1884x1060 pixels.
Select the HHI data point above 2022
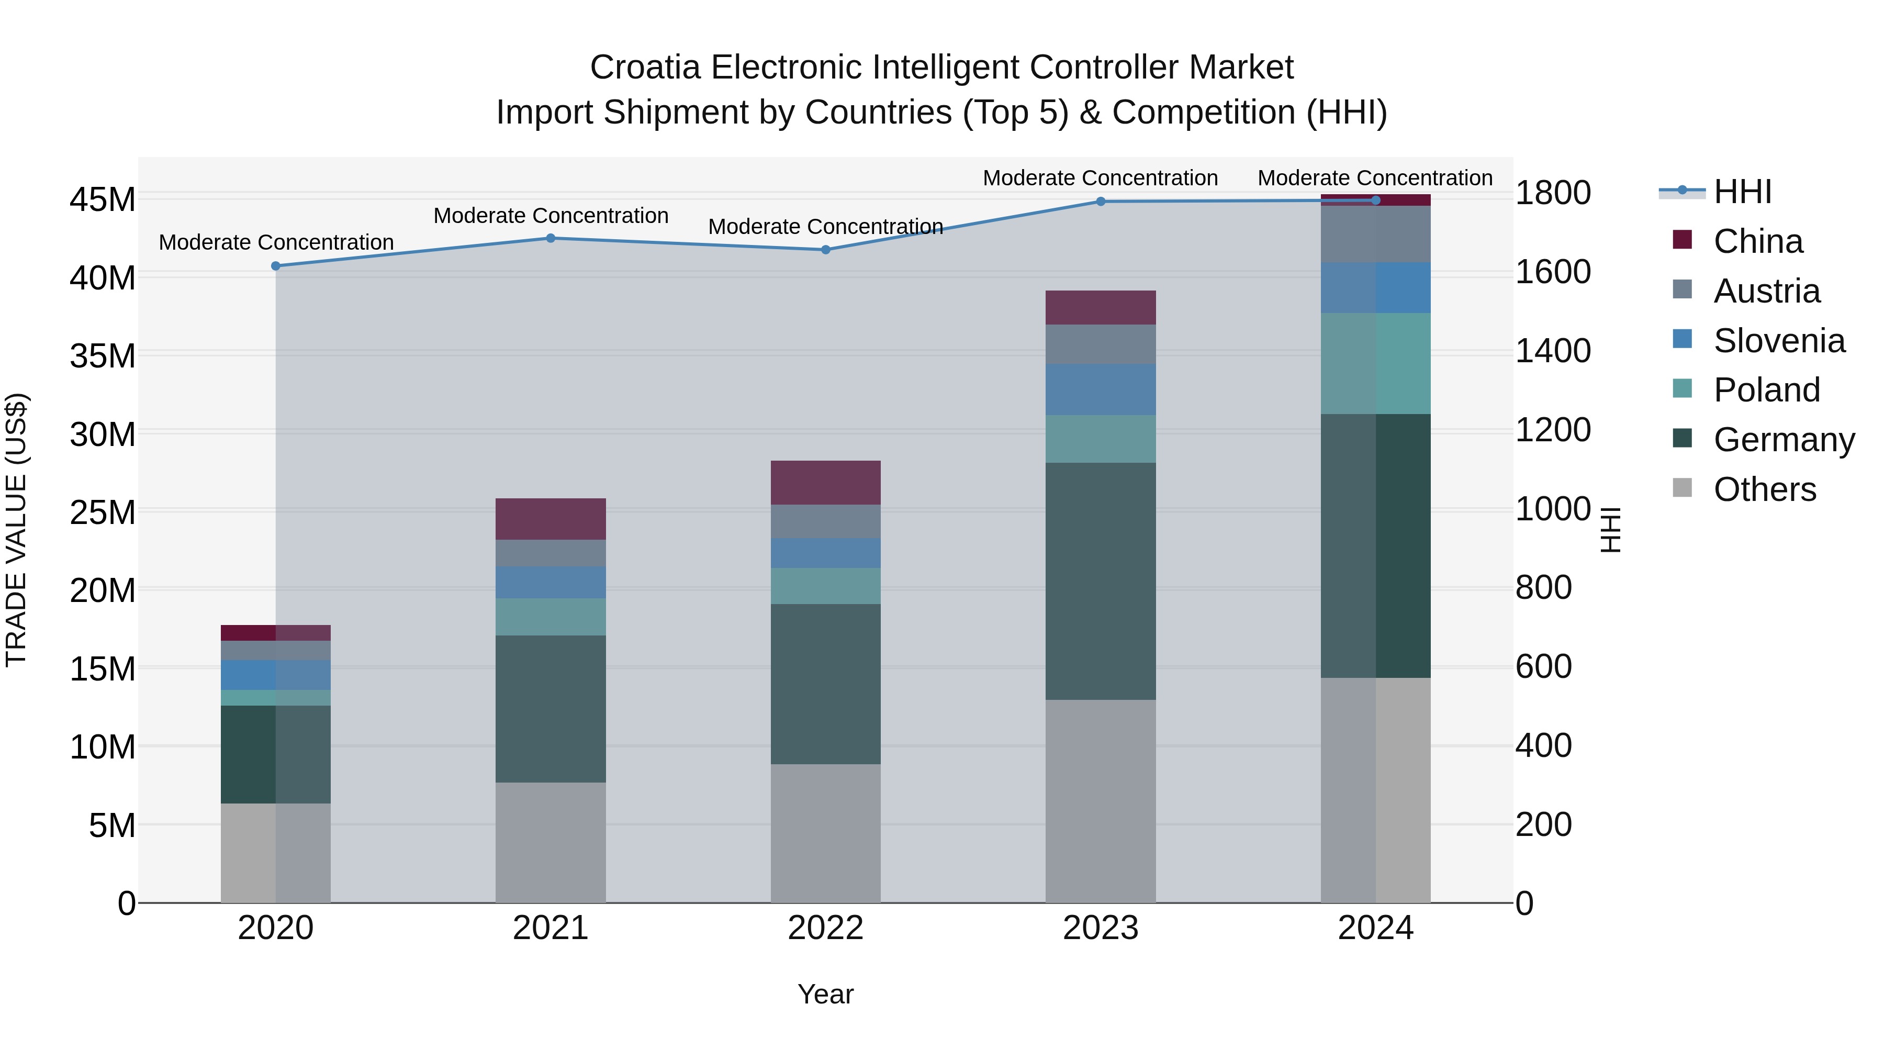pos(826,250)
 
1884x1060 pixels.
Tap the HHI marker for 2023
pos(1101,201)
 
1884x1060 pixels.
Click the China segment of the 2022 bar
pos(826,483)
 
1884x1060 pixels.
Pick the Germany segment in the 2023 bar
pos(1101,581)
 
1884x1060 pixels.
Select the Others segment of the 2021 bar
pos(551,842)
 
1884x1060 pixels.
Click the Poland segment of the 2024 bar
pos(1376,364)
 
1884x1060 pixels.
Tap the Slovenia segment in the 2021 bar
pos(551,582)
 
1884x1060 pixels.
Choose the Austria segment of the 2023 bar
pos(1101,344)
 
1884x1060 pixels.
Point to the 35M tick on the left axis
pos(103,356)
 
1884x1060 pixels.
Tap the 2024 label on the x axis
pos(1376,928)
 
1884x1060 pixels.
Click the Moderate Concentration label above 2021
pos(551,216)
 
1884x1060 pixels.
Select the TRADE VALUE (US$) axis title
pos(16,530)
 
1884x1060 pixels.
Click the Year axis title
pos(826,994)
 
